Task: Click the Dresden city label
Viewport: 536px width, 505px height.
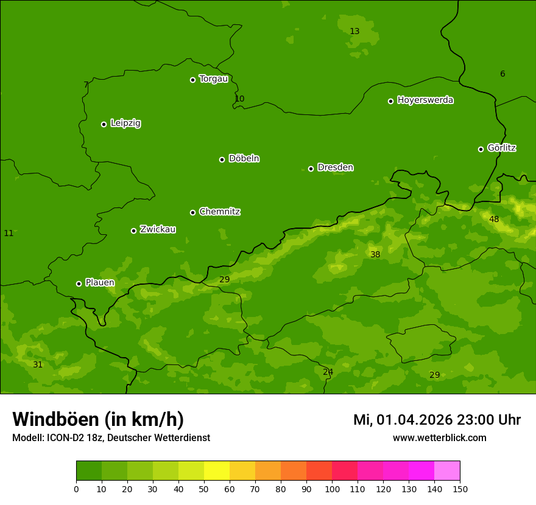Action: (335, 167)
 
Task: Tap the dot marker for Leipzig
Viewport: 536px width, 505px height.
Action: (104, 124)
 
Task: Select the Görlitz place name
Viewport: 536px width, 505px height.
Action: (502, 148)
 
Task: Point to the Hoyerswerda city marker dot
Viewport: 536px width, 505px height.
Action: (390, 101)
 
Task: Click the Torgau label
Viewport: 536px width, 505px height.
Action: (213, 79)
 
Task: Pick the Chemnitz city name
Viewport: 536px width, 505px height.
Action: (219, 212)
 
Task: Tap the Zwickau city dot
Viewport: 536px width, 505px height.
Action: (133, 231)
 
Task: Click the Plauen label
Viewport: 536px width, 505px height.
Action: (99, 283)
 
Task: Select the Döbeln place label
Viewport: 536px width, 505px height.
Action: (244, 159)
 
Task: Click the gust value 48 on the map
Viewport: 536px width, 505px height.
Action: (494, 219)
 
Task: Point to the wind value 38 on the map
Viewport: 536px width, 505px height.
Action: (375, 254)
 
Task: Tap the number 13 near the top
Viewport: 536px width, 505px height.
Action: (354, 31)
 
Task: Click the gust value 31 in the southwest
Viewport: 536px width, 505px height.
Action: (38, 364)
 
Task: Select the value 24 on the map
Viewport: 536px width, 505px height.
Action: (328, 372)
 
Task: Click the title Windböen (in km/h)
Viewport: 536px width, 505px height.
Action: (98, 419)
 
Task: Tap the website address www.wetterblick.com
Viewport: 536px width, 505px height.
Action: (439, 437)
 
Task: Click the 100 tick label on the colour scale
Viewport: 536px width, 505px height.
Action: (332, 489)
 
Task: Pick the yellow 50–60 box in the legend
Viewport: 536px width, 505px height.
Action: (217, 471)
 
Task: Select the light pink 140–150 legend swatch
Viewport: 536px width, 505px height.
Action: (447, 471)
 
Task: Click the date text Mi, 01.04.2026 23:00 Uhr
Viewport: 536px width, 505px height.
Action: (437, 420)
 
